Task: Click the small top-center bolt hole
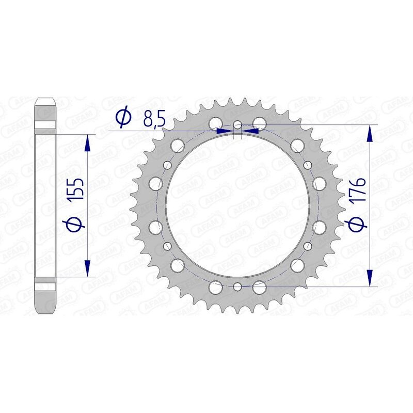tap(237, 125)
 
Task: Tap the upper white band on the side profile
tap(44, 125)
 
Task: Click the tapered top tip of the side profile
tap(44, 100)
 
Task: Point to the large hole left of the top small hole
tap(215, 123)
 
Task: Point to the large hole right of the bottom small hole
tap(260, 287)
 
